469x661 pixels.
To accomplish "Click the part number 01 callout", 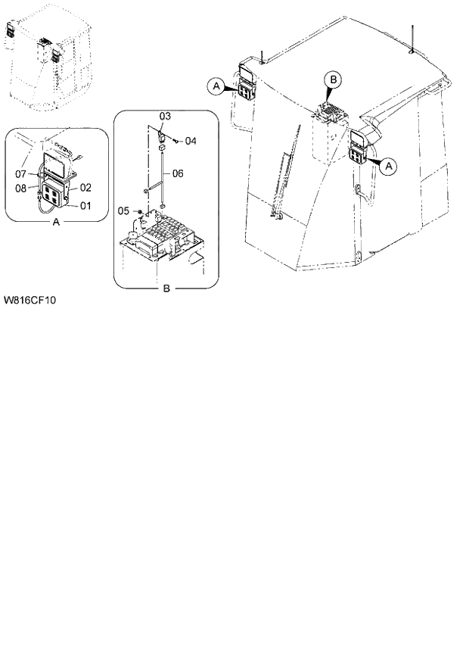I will pyautogui.click(x=86, y=204).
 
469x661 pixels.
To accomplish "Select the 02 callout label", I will pyautogui.click(x=86, y=186).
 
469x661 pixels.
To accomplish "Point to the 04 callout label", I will pyautogui.click(x=191, y=141).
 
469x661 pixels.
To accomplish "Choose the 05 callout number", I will pyautogui.click(x=124, y=210).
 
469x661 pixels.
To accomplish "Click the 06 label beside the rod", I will pyautogui.click(x=178, y=173).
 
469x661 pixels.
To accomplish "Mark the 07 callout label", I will pyautogui.click(x=22, y=175).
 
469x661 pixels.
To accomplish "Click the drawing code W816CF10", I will pyautogui.click(x=30, y=300).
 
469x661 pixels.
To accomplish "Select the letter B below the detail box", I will pyautogui.click(x=165, y=288).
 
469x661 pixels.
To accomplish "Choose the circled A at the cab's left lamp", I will pyautogui.click(x=216, y=87).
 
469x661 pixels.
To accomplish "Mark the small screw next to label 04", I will pyautogui.click(x=176, y=139).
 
